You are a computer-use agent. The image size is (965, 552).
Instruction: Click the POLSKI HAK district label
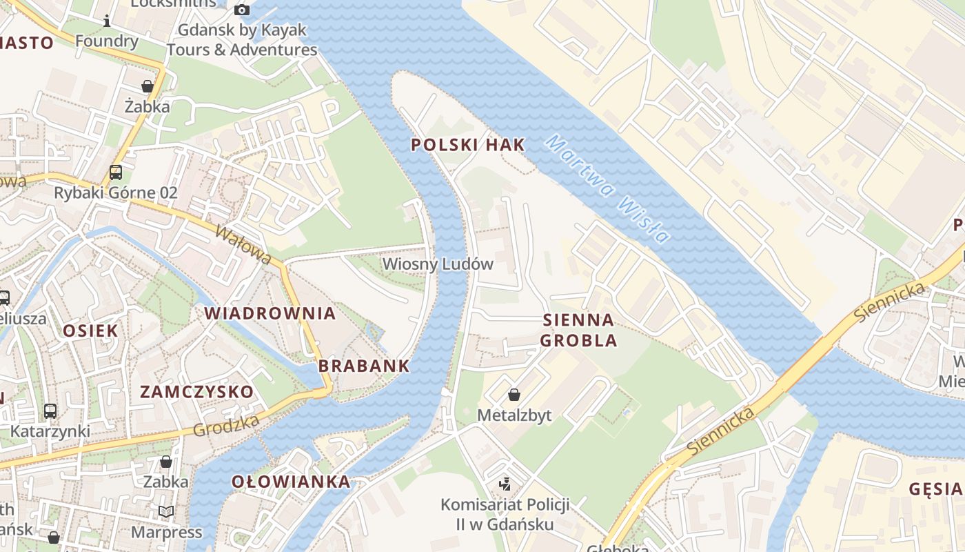pyautogui.click(x=467, y=145)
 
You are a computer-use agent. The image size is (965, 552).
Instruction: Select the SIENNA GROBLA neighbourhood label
pyautogui.click(x=578, y=330)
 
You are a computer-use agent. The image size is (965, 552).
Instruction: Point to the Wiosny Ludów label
pyautogui.click(x=438, y=264)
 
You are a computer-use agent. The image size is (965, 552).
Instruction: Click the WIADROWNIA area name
pyautogui.click(x=270, y=313)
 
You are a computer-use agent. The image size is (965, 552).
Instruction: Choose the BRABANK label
pyautogui.click(x=364, y=366)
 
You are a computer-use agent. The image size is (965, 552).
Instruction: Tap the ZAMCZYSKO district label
pyautogui.click(x=196, y=392)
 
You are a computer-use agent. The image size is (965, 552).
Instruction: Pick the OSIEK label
pyautogui.click(x=90, y=331)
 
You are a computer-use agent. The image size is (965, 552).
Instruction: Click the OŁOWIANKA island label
pyautogui.click(x=290, y=482)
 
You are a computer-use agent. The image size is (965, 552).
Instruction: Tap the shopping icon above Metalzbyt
pyautogui.click(x=514, y=395)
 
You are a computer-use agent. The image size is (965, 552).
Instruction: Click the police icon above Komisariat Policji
pyautogui.click(x=505, y=484)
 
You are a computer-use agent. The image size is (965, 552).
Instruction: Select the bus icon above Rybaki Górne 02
pyautogui.click(x=116, y=172)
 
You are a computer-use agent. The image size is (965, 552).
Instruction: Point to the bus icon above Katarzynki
pyautogui.click(x=50, y=411)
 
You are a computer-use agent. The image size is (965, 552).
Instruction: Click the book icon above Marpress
pyautogui.click(x=165, y=511)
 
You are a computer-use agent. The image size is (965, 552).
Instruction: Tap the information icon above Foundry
pyautogui.click(x=107, y=21)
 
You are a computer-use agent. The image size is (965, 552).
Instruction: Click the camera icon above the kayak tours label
pyautogui.click(x=241, y=10)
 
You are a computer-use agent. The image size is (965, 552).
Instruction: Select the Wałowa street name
pyautogui.click(x=243, y=244)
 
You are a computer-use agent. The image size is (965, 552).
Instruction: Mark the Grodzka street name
pyautogui.click(x=226, y=425)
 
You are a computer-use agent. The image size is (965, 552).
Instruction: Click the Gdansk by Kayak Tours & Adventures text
pyautogui.click(x=242, y=40)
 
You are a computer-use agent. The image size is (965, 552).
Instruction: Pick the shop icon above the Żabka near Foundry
pyautogui.click(x=147, y=86)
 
